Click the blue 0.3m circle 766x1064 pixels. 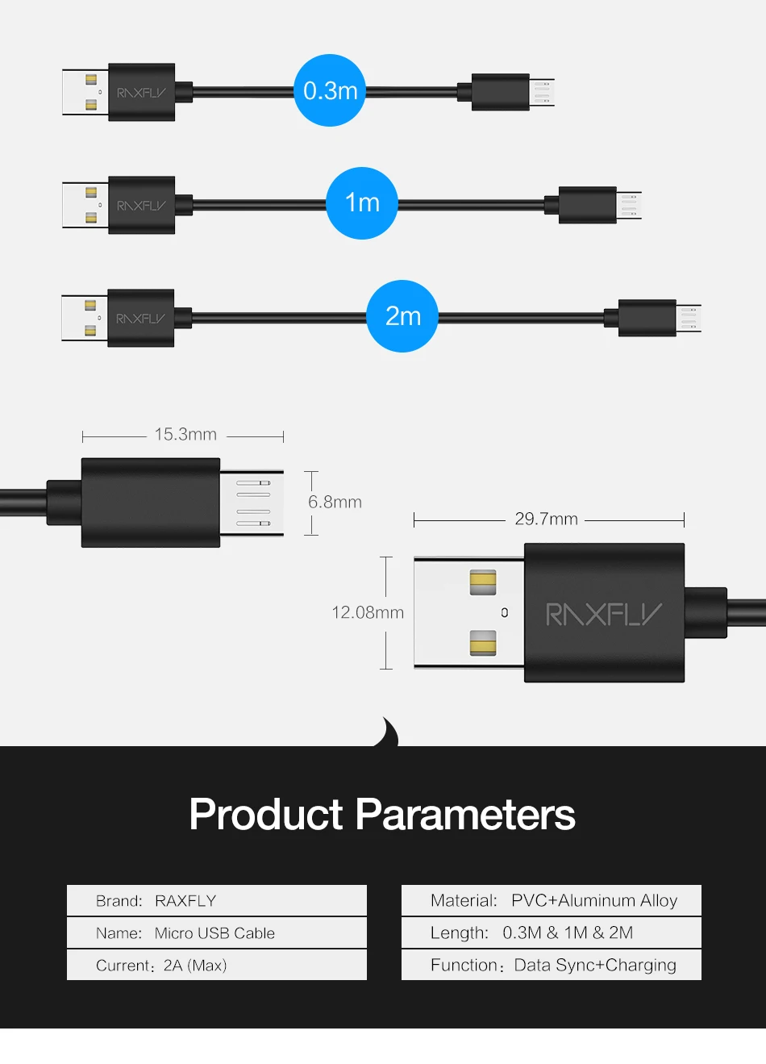click(x=330, y=90)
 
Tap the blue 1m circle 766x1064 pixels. click(x=362, y=203)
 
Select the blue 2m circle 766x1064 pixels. click(x=402, y=316)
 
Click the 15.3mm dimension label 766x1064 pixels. click(x=185, y=435)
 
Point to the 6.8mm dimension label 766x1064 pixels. click(x=335, y=502)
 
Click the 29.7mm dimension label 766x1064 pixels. click(x=546, y=519)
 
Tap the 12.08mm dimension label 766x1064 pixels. click(x=368, y=612)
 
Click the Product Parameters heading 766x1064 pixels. click(x=382, y=814)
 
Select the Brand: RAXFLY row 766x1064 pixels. click(x=216, y=900)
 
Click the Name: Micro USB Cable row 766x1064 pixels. click(x=216, y=933)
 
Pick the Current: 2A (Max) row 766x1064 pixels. click(x=216, y=965)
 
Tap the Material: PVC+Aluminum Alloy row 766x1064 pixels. click(x=552, y=900)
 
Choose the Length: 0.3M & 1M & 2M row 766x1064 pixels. click(x=552, y=933)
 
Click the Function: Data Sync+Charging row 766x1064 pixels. click(x=552, y=965)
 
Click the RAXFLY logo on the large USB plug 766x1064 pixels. click(x=604, y=615)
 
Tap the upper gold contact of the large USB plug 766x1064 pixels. click(x=483, y=582)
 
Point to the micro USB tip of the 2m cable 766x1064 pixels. click(x=689, y=319)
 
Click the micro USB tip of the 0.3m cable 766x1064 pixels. click(x=542, y=92)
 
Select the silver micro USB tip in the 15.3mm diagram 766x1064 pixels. click(x=252, y=503)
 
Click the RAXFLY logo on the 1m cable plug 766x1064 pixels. click(x=141, y=206)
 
